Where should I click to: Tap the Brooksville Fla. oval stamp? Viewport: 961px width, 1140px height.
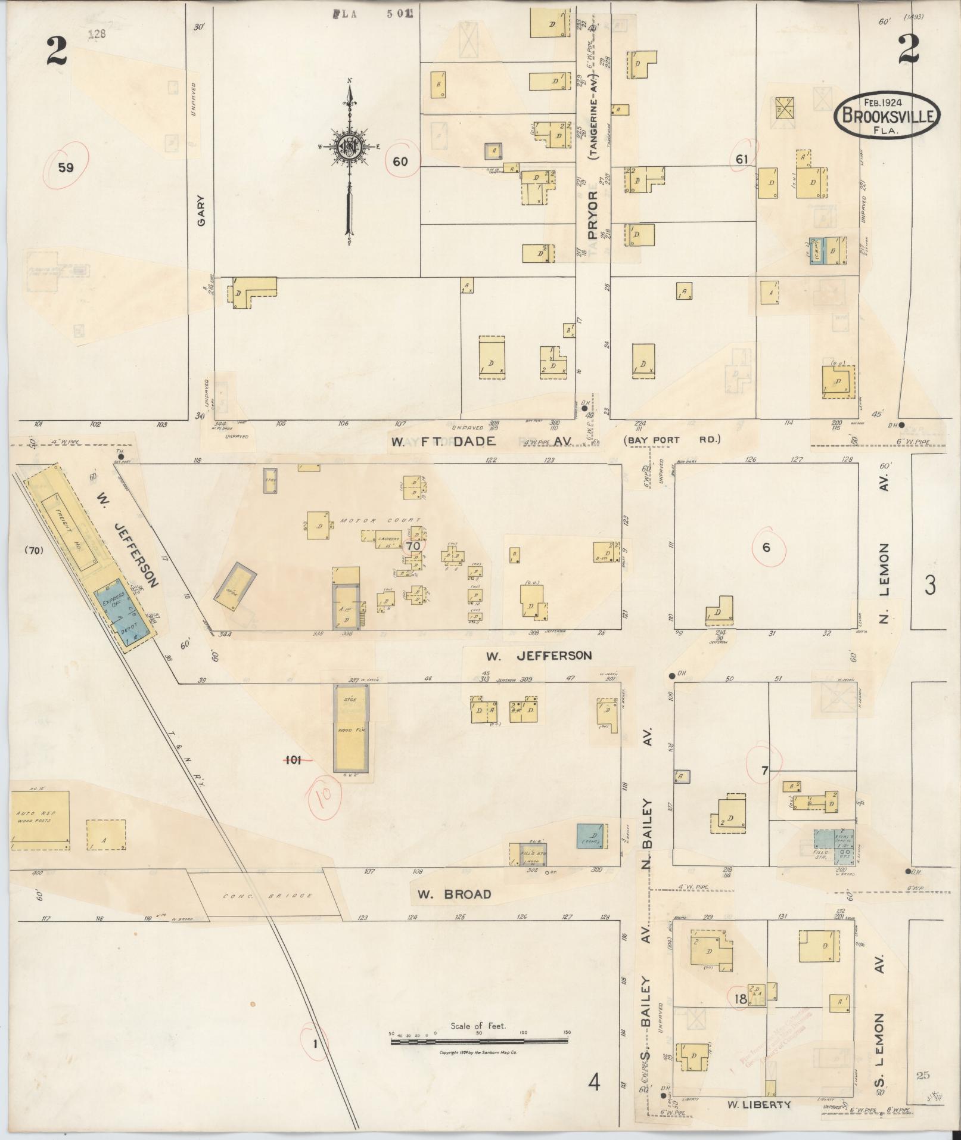[887, 116]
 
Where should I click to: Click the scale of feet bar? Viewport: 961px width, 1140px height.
[480, 625]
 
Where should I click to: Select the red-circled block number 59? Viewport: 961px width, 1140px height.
[66, 167]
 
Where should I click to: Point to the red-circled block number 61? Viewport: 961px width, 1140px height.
[742, 159]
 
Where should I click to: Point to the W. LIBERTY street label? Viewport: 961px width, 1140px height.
[758, 1104]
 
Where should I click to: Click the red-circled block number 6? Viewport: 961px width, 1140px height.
[766, 548]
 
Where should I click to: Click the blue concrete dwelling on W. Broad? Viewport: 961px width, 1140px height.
[592, 835]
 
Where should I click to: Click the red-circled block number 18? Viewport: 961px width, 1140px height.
[741, 998]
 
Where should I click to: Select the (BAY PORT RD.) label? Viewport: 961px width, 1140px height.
[672, 440]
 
